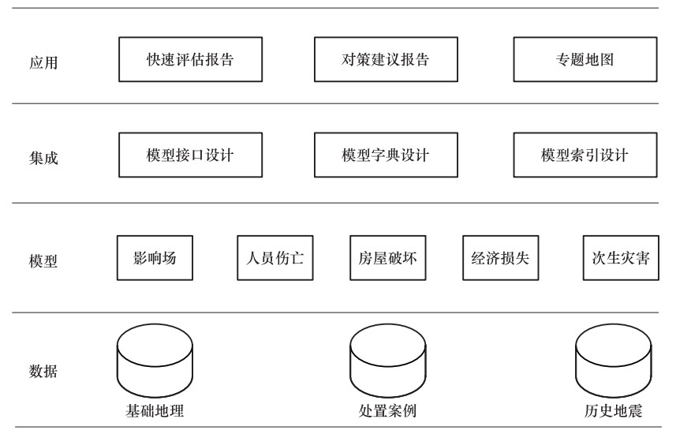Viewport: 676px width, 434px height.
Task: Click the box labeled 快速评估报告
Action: [x=191, y=59]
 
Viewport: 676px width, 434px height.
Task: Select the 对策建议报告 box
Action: [x=386, y=59]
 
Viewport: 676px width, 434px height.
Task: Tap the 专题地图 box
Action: [x=585, y=59]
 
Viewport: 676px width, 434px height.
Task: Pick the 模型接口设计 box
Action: [x=191, y=155]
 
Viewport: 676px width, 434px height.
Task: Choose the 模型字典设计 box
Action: [x=386, y=155]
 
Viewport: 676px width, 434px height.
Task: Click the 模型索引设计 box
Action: [x=585, y=155]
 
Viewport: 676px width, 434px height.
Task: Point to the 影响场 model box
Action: [x=155, y=258]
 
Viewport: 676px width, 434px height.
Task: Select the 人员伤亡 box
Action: [x=275, y=258]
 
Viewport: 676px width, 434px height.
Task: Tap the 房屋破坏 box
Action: [x=388, y=258]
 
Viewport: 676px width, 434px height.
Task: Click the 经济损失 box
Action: [x=501, y=258]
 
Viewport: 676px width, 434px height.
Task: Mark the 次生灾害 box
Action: [x=621, y=258]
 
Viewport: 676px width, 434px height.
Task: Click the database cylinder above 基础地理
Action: [x=155, y=361]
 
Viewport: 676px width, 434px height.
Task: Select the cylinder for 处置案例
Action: [x=388, y=361]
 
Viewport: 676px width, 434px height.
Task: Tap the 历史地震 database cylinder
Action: [x=614, y=361]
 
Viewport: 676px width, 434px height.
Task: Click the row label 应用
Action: [x=43, y=62]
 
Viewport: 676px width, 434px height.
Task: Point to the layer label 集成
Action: [x=43, y=158]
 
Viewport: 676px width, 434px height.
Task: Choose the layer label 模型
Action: [x=43, y=261]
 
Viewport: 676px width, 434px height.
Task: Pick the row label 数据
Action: [x=43, y=371]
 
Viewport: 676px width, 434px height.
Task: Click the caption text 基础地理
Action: [x=155, y=410]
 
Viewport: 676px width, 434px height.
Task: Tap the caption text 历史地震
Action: [x=614, y=410]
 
